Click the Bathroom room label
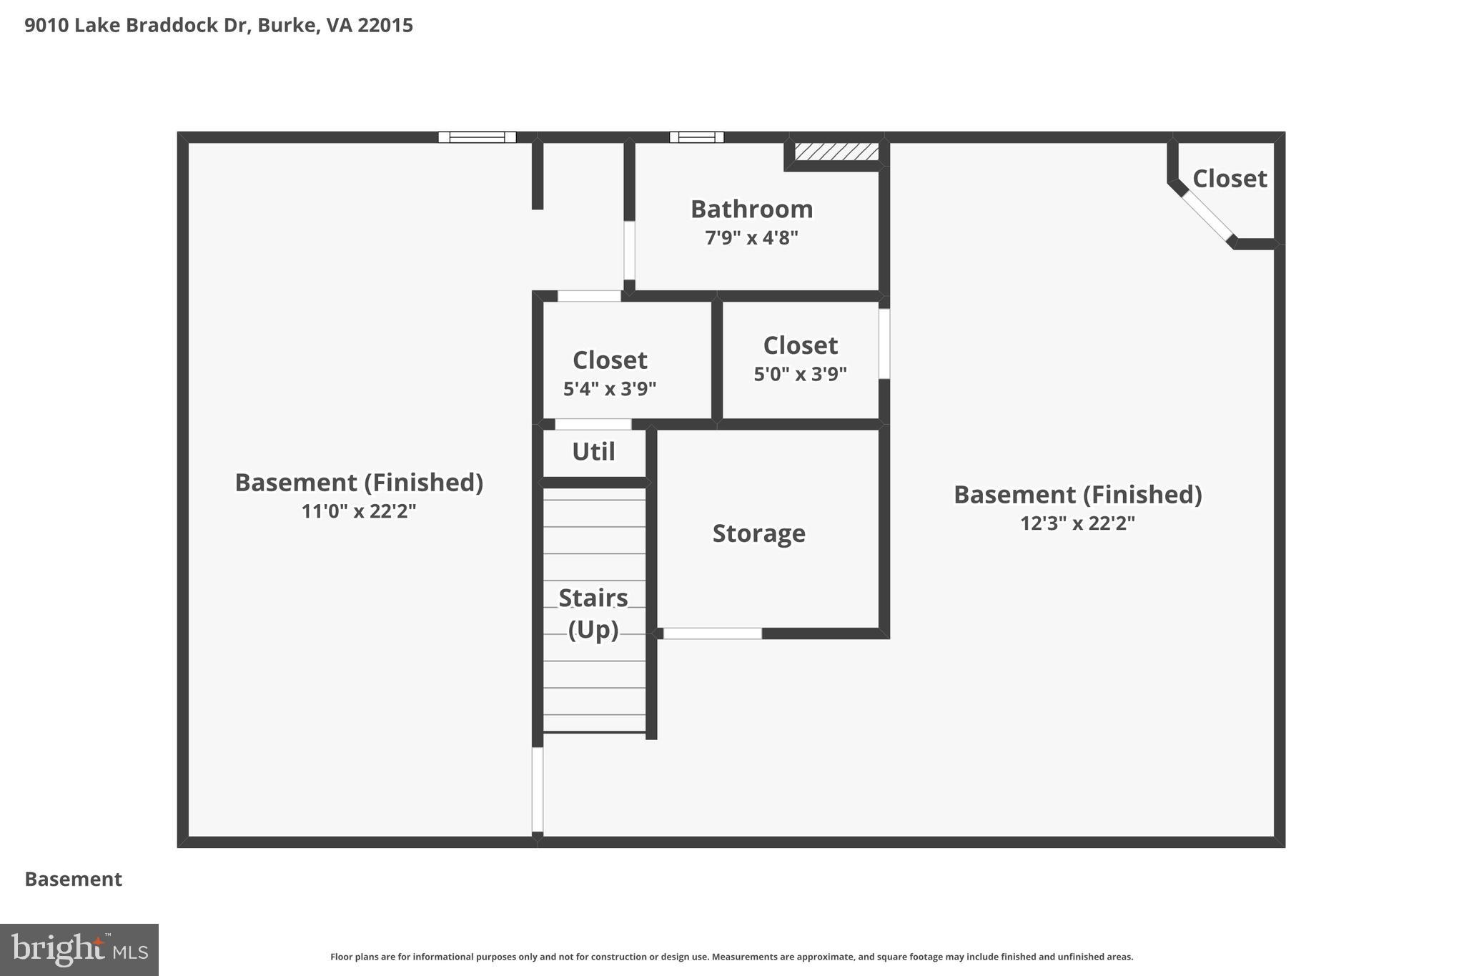point(751,210)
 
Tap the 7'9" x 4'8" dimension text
point(751,238)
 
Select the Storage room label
point(758,533)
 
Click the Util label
point(593,452)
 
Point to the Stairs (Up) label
point(593,613)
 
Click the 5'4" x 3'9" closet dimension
point(610,389)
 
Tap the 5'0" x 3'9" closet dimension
point(800,374)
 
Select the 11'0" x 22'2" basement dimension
point(359,511)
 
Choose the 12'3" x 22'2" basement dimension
point(1077,523)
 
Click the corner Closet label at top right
point(1230,179)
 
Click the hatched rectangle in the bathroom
point(836,152)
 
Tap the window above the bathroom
point(696,137)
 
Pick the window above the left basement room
point(477,137)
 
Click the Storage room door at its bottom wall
point(712,634)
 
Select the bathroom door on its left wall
point(629,250)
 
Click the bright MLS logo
point(79,950)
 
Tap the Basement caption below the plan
point(74,879)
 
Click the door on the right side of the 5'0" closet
point(884,343)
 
